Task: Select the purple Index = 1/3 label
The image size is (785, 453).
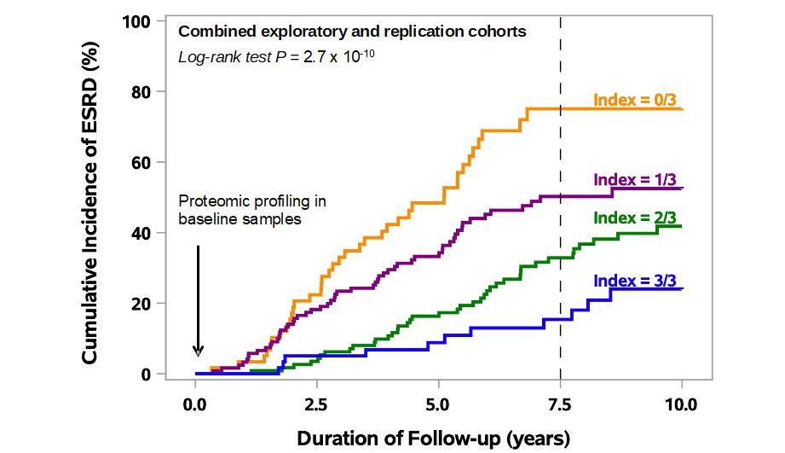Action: coord(637,179)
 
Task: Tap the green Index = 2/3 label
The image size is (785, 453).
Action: coord(637,217)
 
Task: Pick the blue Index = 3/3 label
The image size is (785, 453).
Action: coord(637,281)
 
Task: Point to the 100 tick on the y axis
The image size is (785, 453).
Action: coord(137,20)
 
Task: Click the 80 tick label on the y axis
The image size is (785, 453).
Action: coord(141,90)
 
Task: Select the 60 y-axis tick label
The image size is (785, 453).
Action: coord(141,161)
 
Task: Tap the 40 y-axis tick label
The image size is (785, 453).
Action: coord(141,232)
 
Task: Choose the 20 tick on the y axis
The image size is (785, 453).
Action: coord(141,303)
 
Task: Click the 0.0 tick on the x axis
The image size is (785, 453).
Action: coord(195,403)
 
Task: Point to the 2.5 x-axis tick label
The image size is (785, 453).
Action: coord(317,403)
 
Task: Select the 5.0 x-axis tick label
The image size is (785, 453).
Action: coord(438,403)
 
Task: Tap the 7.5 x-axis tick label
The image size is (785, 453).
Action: coord(560,403)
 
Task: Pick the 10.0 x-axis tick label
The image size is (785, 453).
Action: coord(681,403)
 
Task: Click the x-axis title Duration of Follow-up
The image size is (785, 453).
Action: coord(433,438)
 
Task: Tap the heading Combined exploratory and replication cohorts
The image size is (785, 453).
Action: coord(351,32)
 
